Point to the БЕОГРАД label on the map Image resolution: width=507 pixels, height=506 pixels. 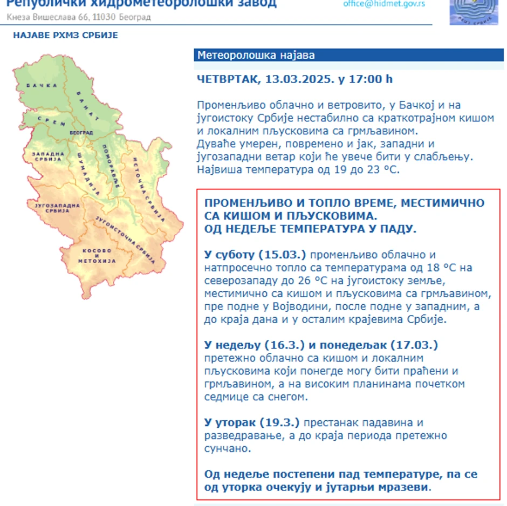81,132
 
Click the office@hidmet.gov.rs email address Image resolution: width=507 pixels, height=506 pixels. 384,4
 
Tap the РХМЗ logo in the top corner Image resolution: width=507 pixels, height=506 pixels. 470,12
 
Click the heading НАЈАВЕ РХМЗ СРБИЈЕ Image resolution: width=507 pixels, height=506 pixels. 65,36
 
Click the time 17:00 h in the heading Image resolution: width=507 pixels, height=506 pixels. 370,79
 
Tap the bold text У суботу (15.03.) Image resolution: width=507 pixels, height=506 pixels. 255,255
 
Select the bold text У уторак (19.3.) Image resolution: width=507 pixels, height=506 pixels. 251,422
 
